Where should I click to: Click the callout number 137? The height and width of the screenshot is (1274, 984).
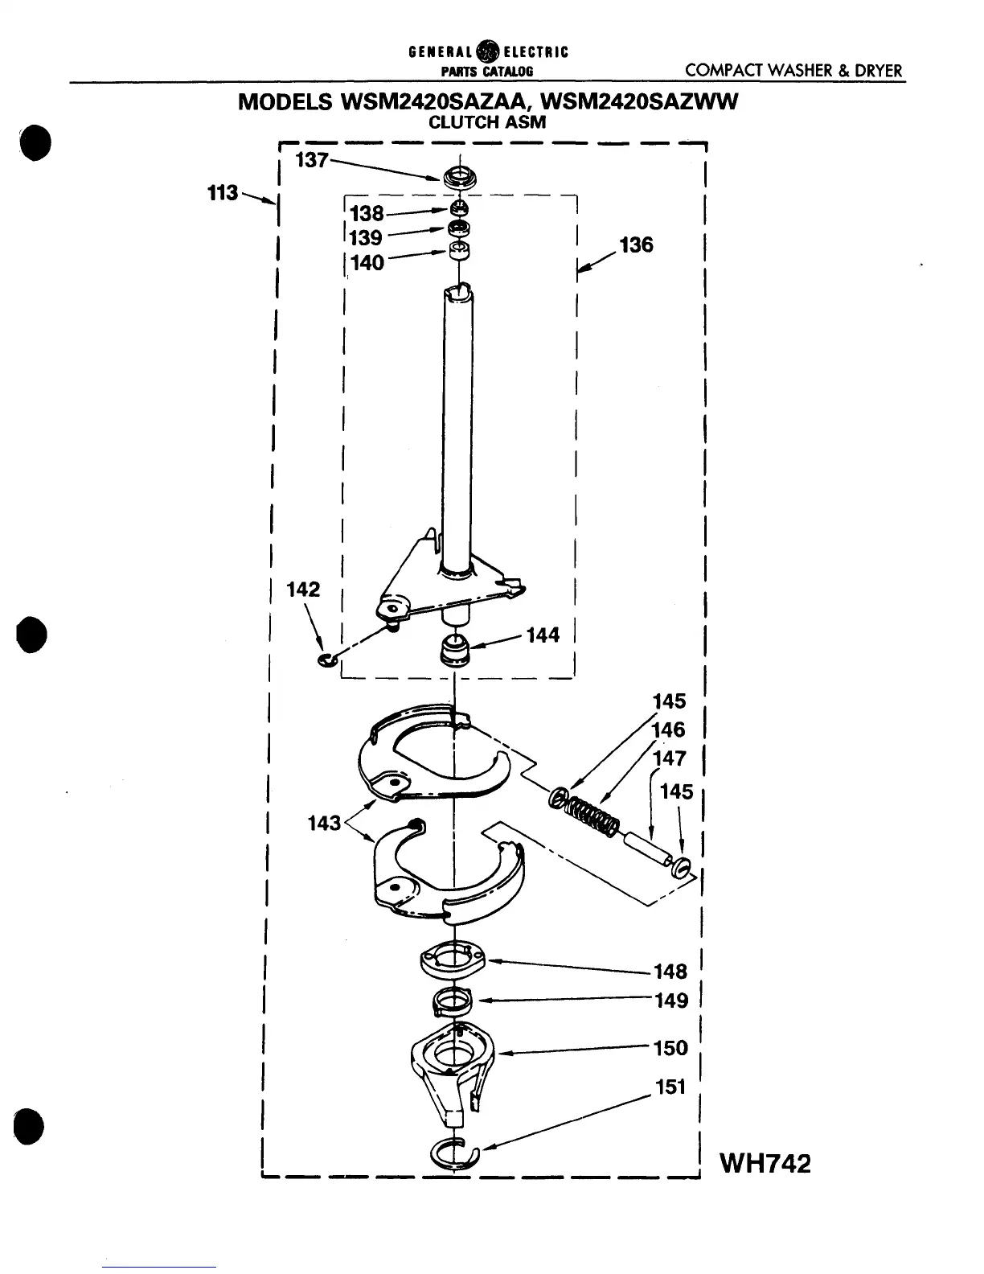(x=312, y=160)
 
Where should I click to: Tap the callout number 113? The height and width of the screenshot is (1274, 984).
(x=223, y=193)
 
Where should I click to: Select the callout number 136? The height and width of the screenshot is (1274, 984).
(x=636, y=245)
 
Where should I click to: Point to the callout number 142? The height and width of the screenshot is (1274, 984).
(x=303, y=590)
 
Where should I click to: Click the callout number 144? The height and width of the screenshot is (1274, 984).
(x=543, y=636)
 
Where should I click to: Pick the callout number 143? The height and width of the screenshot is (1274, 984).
(x=325, y=823)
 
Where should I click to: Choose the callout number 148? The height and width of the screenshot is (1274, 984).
(x=670, y=972)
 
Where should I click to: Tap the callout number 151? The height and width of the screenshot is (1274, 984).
(x=670, y=1087)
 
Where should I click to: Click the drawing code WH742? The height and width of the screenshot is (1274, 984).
(x=765, y=1163)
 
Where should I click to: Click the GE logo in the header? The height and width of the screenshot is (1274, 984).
(x=486, y=53)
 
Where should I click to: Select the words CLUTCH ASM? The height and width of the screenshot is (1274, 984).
(x=487, y=123)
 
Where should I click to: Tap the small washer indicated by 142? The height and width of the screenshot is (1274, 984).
(x=326, y=661)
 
